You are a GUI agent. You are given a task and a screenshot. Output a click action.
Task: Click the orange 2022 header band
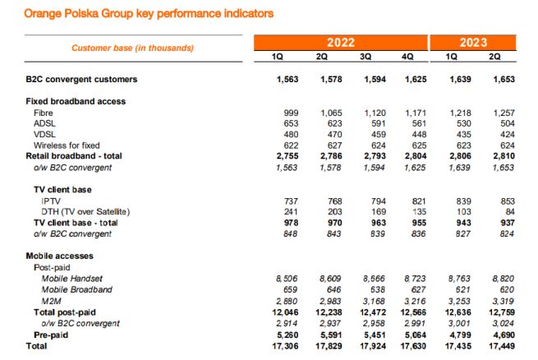pos(341,42)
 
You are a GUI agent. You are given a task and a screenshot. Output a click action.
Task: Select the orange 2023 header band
pos(474,42)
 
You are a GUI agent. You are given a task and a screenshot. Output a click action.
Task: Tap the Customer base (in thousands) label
pos(132,48)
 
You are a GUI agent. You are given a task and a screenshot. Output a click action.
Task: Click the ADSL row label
pos(44,122)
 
